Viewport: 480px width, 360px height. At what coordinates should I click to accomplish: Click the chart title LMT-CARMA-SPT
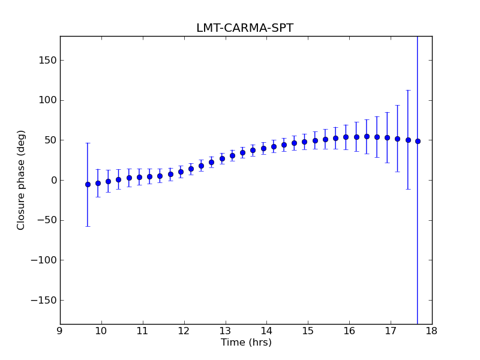(x=245, y=28)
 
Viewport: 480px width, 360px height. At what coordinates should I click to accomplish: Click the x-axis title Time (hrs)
(x=246, y=343)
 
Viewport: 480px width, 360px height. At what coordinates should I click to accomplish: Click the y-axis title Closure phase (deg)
(x=22, y=180)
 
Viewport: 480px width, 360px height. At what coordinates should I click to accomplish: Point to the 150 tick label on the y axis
(x=48, y=61)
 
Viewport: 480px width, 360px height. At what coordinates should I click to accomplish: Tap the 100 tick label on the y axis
(x=48, y=100)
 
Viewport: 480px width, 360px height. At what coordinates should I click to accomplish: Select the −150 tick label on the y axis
(x=45, y=301)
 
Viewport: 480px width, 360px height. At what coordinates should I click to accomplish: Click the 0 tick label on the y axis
(x=53, y=181)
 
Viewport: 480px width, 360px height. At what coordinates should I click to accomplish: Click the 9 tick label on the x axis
(x=60, y=331)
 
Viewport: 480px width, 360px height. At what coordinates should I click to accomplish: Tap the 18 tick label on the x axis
(x=432, y=331)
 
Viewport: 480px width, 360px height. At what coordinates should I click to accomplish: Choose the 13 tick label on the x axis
(x=225, y=331)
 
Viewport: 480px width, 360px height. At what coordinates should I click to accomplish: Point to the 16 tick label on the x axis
(x=349, y=331)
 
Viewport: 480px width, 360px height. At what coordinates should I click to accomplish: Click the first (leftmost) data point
(x=88, y=184)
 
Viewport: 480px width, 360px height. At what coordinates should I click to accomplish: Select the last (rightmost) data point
(x=418, y=141)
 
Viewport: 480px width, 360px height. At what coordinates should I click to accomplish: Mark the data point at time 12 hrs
(x=181, y=172)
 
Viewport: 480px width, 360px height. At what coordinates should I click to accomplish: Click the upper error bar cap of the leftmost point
(x=88, y=143)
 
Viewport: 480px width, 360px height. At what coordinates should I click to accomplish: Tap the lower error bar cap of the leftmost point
(x=88, y=226)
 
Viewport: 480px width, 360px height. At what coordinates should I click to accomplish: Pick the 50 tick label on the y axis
(x=50, y=140)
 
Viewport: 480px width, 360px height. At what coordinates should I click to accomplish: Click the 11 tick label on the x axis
(x=142, y=331)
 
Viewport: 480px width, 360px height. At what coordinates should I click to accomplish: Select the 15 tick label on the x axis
(x=308, y=331)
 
